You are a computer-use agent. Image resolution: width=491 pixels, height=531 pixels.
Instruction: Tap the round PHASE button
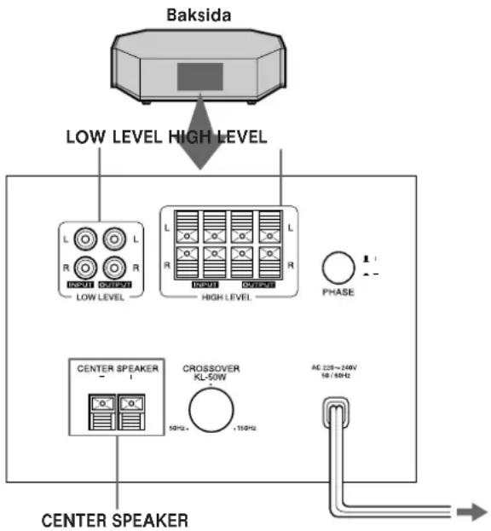[x=338, y=268]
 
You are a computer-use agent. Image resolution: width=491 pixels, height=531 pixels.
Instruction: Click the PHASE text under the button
[x=338, y=292]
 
